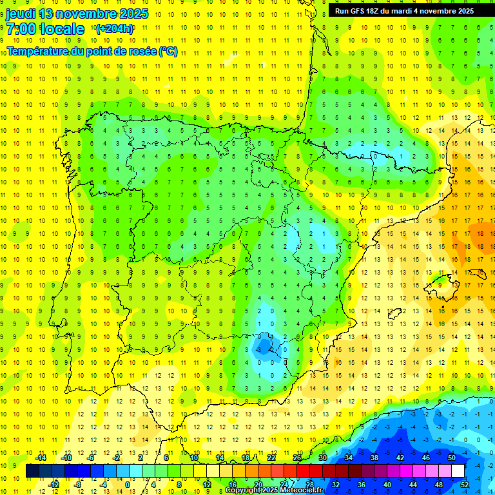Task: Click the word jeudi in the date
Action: tap(21, 14)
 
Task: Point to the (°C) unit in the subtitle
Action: tap(168, 52)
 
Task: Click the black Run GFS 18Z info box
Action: tap(404, 10)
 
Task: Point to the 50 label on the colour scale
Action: tap(451, 458)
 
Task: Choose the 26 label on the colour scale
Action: tap(297, 458)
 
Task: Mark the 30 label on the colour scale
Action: tap(323, 458)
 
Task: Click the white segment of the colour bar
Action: tap(458, 471)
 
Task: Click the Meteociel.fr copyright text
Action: tap(273, 490)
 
